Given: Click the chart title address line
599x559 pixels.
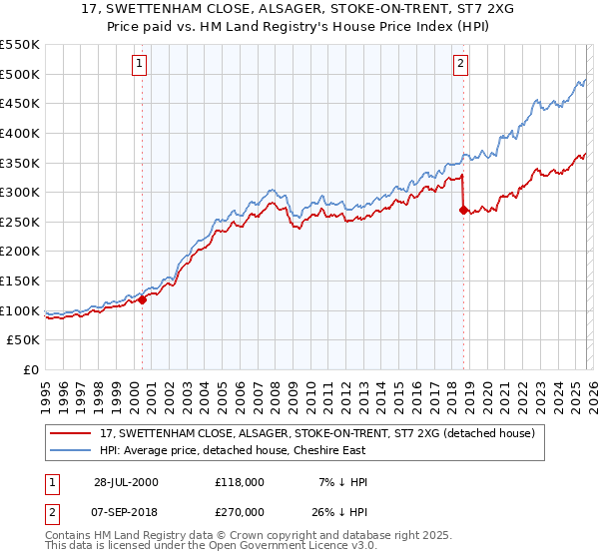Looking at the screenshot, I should tap(299, 10).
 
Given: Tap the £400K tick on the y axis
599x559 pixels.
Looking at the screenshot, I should tap(19, 133).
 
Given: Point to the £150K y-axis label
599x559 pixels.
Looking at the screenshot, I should tap(19, 280).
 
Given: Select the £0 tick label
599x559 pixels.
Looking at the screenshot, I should tap(30, 369).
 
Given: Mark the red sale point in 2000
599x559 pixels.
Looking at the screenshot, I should tap(142, 298).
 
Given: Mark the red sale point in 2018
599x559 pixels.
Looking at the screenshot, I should tap(462, 210).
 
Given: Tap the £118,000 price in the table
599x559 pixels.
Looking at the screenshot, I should tap(239, 482).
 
